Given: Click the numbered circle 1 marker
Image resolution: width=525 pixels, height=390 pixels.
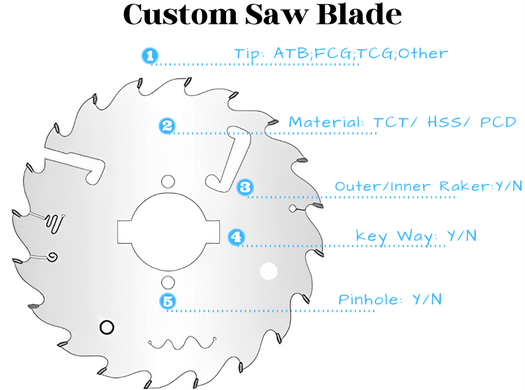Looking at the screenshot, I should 150,55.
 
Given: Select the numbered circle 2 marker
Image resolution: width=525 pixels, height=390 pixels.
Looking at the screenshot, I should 167,126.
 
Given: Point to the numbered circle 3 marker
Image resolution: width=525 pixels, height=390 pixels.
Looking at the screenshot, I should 245,187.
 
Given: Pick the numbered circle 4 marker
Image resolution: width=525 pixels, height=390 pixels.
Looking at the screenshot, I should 236,237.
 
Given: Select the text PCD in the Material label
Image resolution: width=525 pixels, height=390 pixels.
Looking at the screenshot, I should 498,122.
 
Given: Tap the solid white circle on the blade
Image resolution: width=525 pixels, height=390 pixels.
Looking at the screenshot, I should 268,271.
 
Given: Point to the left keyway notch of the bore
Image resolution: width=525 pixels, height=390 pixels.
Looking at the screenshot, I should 124,232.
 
